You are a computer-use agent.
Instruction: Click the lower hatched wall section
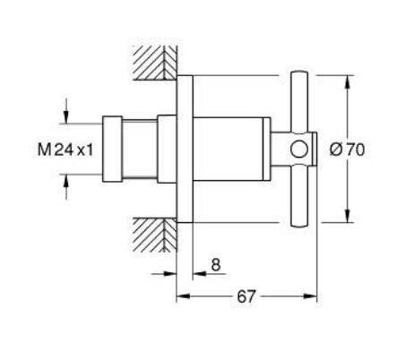(x=153, y=236)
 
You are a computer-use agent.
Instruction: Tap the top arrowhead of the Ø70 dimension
(x=347, y=80)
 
